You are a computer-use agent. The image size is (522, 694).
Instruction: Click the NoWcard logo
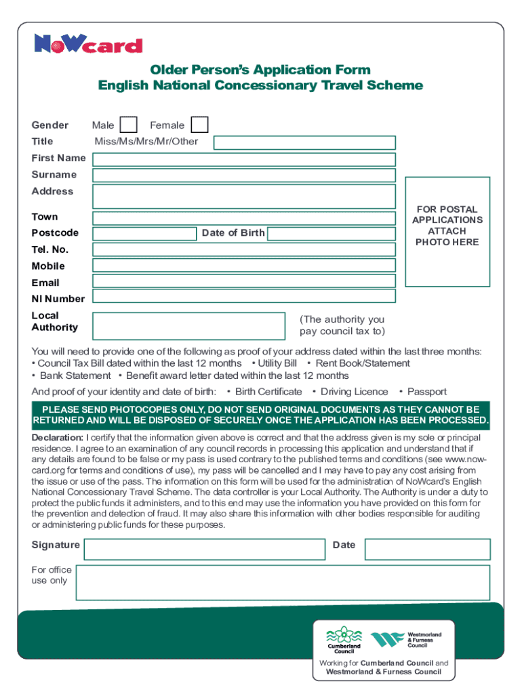tap(88, 45)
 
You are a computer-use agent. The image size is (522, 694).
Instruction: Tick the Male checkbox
tap(128, 125)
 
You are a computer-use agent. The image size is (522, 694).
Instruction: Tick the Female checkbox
tap(199, 125)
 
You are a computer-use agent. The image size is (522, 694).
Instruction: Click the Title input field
tap(304, 142)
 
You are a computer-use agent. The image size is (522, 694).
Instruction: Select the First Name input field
tap(244, 159)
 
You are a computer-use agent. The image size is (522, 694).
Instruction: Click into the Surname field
tap(244, 176)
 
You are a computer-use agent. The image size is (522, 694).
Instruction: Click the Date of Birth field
tap(331, 234)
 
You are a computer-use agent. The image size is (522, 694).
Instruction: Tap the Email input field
tap(244, 281)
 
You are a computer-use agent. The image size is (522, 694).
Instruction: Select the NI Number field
tap(244, 297)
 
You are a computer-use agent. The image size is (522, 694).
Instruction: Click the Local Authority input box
tap(188, 325)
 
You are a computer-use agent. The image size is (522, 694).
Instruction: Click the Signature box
tap(203, 549)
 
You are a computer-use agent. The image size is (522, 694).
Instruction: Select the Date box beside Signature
tap(427, 549)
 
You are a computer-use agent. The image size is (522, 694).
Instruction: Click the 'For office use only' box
tap(282, 582)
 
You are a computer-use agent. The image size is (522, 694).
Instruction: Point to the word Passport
tap(426, 392)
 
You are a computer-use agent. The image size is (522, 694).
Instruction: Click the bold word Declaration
tap(58, 437)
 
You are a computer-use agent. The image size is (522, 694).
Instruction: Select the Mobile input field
tap(244, 265)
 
